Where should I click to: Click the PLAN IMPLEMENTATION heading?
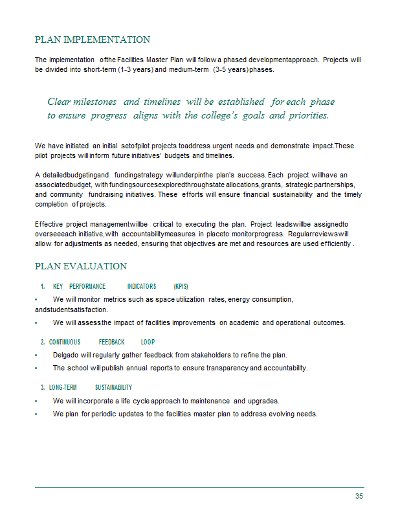coord(92,40)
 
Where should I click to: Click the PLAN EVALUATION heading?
coord(81,266)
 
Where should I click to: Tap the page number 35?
coord(359,496)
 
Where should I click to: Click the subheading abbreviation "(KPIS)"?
coord(181,286)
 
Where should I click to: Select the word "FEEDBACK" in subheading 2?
coord(111,342)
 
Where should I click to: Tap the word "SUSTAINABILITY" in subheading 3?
coord(113,387)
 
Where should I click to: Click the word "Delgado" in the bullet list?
coord(67,355)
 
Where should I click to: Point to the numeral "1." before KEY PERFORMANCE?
coord(42,286)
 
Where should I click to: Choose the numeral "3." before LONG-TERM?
coord(42,387)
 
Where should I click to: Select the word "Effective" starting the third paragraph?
coord(49,224)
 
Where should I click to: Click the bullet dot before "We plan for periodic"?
coord(36,414)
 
